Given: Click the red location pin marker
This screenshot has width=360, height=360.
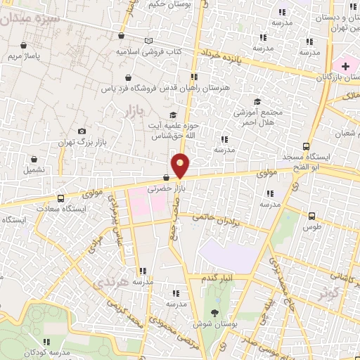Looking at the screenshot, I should click(x=181, y=166).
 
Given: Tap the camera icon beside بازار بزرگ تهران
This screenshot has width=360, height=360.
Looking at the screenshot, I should click(x=82, y=131).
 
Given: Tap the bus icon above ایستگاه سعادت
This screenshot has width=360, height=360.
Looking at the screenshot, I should click(x=60, y=198).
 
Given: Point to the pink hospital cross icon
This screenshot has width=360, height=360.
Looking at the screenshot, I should click(x=345, y=65).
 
